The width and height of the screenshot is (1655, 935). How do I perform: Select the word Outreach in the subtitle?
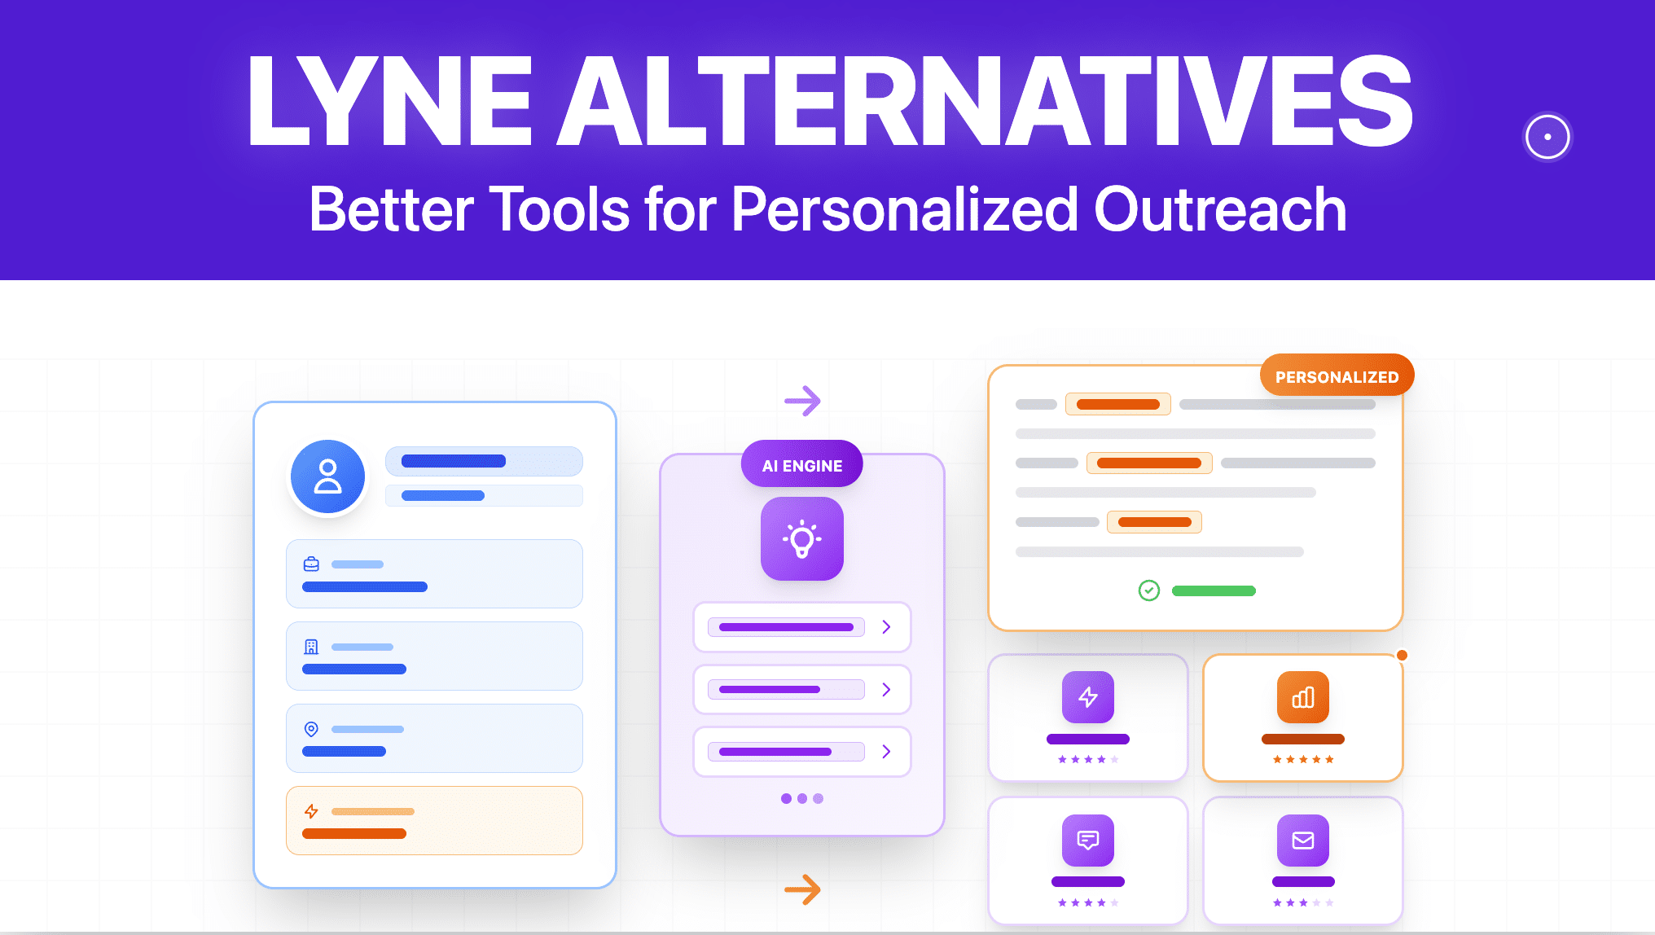point(1220,210)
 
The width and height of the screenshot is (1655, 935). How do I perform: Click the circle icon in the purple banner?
point(1547,137)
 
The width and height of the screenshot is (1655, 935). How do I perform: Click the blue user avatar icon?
point(327,477)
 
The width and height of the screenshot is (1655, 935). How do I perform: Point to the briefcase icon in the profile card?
point(311,564)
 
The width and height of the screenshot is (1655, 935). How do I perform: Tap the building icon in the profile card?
point(311,647)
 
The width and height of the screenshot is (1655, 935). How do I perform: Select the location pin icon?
point(311,729)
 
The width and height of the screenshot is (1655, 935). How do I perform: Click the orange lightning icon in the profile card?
point(311,811)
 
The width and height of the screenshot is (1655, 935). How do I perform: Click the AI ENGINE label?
point(802,466)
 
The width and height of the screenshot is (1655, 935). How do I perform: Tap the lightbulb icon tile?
point(802,538)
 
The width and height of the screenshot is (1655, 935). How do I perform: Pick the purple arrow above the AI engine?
point(802,401)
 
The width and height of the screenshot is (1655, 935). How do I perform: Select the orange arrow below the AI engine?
point(802,889)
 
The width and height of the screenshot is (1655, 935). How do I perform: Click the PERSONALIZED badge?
point(1337,376)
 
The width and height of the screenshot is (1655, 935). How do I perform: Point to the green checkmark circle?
point(1148,590)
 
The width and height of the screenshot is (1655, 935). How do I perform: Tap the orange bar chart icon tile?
point(1303,697)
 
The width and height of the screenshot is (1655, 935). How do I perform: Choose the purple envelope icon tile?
point(1303,841)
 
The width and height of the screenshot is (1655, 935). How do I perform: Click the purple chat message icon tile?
point(1088,841)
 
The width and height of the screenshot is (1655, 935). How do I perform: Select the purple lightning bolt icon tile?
point(1088,697)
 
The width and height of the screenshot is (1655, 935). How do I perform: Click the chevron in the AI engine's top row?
point(886,627)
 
